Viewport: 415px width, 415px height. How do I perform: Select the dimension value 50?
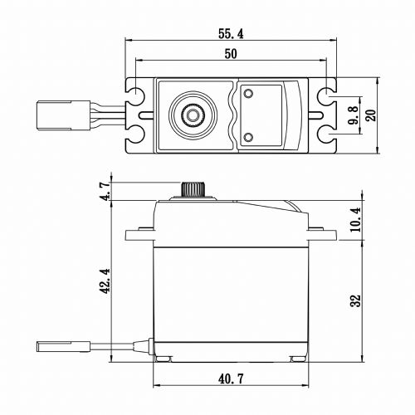(231, 54)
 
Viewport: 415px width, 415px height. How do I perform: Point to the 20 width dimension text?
(371, 115)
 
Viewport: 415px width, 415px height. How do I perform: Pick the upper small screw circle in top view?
(248, 94)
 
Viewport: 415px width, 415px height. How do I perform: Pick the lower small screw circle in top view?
(248, 135)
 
